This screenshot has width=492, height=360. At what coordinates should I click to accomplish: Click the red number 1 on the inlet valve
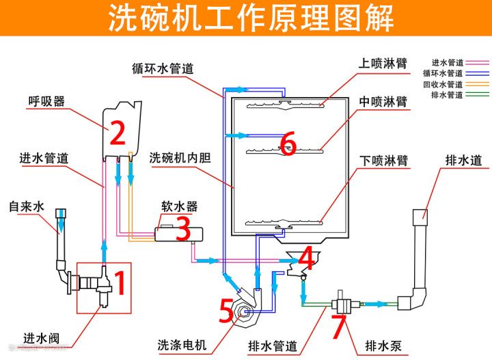click(119, 283)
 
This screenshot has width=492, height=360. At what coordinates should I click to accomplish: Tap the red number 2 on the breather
click(118, 133)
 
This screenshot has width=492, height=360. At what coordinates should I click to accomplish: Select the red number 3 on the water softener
click(182, 230)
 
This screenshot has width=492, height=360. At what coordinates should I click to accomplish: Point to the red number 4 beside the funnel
click(307, 258)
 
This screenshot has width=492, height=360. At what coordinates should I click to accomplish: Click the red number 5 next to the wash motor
click(227, 311)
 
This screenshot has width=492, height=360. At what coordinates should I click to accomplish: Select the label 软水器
click(179, 206)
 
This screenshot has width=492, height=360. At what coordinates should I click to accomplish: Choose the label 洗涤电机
click(181, 345)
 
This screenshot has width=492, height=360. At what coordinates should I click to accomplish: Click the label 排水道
click(464, 161)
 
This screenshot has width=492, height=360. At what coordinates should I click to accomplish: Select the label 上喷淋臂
click(383, 61)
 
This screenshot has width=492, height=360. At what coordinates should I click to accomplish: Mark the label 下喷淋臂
click(383, 161)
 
